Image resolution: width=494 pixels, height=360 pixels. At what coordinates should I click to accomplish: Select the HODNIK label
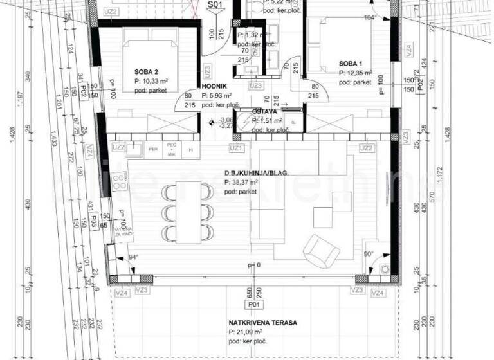213,85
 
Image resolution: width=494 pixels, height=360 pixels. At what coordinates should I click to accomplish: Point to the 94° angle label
133,256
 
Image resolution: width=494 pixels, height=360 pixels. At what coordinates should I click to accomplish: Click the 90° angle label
369,254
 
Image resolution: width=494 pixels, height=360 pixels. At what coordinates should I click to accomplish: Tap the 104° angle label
369,18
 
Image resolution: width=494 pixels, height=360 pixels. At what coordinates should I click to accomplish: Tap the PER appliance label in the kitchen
154,150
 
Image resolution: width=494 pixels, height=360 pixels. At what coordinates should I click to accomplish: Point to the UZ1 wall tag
237,148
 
